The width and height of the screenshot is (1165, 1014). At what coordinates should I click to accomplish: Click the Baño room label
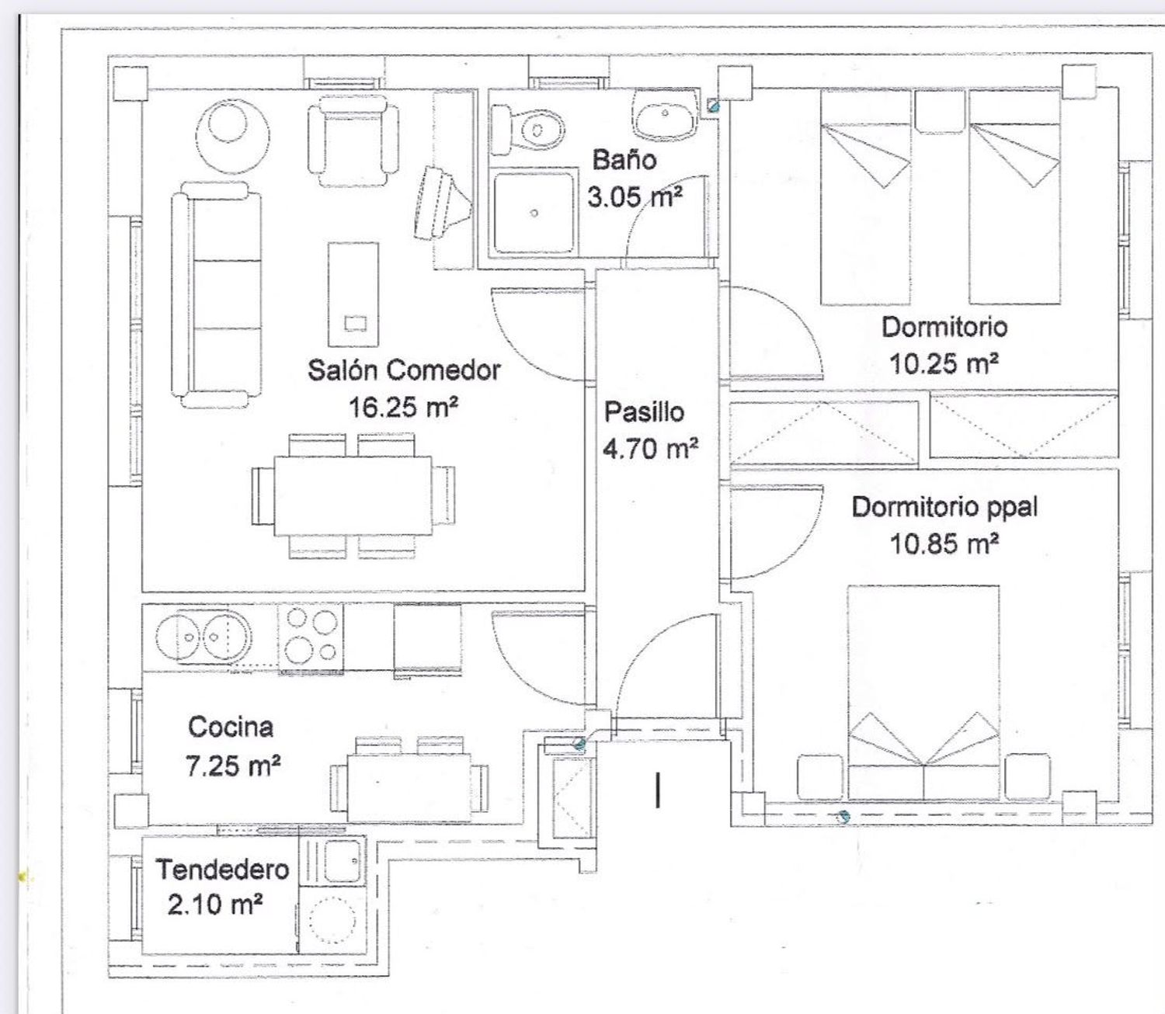click(x=624, y=159)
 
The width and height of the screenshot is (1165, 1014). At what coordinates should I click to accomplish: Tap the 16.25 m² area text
click(x=403, y=408)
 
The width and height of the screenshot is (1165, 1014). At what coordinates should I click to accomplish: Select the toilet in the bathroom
click(x=527, y=130)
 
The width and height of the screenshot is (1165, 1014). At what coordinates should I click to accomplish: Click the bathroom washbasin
click(x=666, y=114)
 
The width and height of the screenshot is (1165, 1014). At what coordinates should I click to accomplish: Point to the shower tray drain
click(x=534, y=214)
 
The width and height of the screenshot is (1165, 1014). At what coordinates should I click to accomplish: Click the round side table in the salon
click(x=232, y=136)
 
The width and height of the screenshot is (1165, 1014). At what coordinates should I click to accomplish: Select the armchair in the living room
click(x=353, y=141)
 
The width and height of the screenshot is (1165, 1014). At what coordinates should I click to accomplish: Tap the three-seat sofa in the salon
click(x=217, y=295)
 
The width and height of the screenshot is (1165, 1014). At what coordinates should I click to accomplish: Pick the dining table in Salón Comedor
click(x=353, y=496)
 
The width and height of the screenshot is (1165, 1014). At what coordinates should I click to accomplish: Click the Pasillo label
click(x=644, y=412)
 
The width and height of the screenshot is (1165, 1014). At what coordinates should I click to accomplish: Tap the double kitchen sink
click(x=203, y=637)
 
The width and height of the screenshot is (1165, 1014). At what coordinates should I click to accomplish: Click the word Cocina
click(x=231, y=728)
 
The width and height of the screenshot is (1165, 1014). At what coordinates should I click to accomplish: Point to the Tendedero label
click(x=223, y=870)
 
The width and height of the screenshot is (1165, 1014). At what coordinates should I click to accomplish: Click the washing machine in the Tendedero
click(x=332, y=919)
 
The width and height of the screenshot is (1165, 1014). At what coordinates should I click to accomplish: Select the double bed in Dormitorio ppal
click(x=923, y=693)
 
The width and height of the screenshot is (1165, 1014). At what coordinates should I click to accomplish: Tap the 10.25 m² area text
click(x=944, y=363)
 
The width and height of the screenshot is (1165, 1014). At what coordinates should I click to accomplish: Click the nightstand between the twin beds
click(x=940, y=112)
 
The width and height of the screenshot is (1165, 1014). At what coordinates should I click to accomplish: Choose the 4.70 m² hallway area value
click(x=650, y=449)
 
